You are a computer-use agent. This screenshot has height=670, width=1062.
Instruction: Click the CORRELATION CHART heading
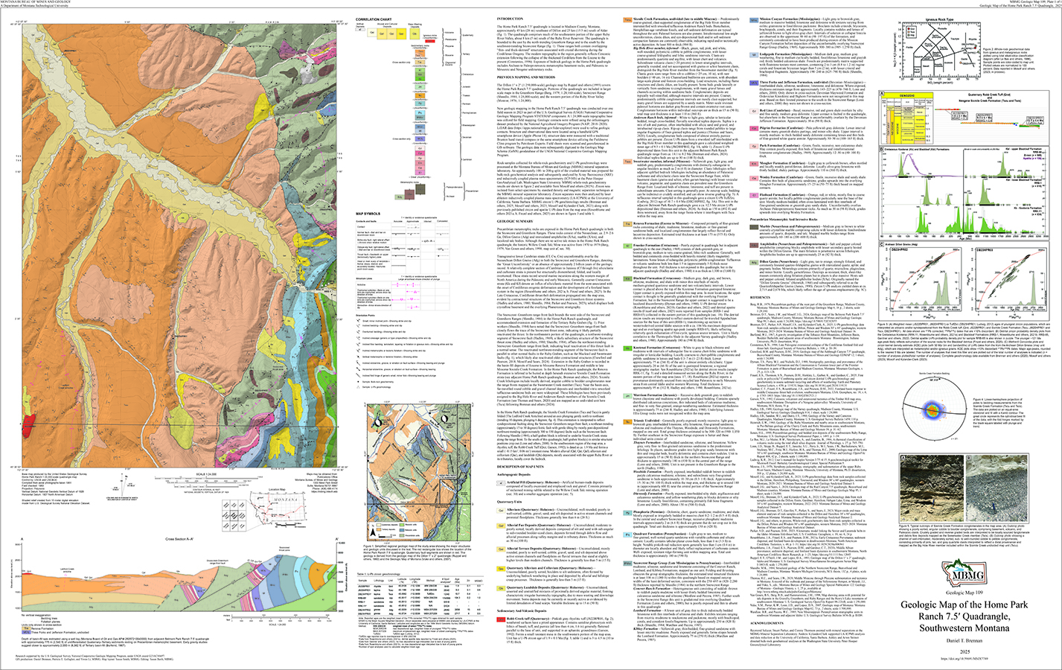[x=374, y=19]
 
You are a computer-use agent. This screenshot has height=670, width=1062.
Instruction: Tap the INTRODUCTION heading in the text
[x=510, y=19]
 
